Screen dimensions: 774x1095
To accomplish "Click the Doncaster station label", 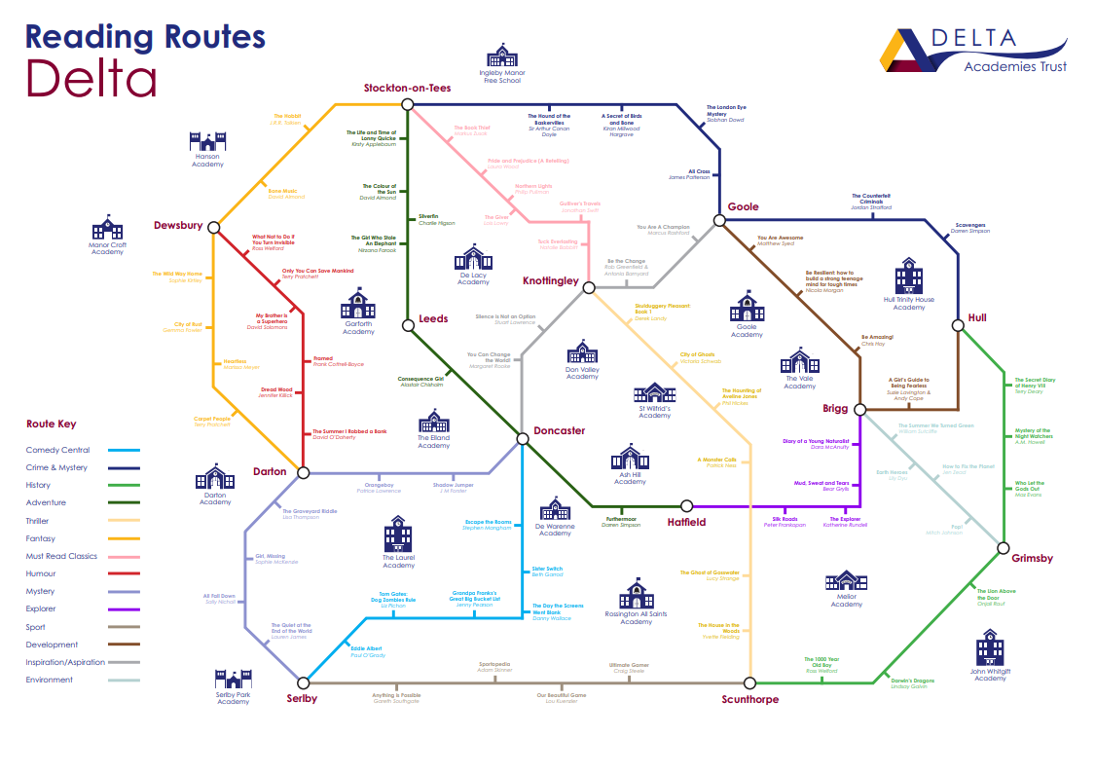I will (x=560, y=430).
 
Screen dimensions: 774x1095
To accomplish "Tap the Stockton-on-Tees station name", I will (x=408, y=88).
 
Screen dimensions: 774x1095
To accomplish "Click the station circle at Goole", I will (x=720, y=221).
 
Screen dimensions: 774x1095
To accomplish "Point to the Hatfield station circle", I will (x=686, y=506).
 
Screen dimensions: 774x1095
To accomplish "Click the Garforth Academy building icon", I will (x=358, y=304).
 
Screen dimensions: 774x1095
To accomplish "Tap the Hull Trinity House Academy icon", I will (x=909, y=276).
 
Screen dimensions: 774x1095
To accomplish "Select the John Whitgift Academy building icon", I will (x=990, y=647).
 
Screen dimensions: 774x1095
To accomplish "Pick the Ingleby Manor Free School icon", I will (x=502, y=55).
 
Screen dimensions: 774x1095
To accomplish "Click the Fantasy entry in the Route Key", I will (x=41, y=538).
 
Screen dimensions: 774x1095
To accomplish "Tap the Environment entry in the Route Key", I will (x=50, y=680).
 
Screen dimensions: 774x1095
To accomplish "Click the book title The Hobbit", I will (x=286, y=116).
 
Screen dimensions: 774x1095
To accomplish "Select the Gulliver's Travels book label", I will (x=579, y=203).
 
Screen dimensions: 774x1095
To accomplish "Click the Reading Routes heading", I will (x=145, y=37).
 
